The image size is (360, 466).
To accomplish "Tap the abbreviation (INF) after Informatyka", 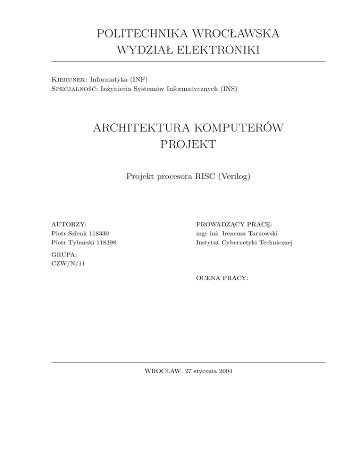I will click(136, 77).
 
